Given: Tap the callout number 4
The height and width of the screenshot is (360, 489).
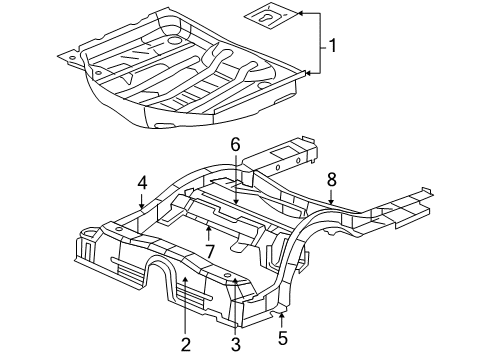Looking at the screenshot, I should coord(143,183).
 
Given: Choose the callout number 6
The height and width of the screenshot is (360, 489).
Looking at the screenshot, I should coord(236,145).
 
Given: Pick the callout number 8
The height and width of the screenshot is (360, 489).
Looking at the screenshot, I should coord(331,179).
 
